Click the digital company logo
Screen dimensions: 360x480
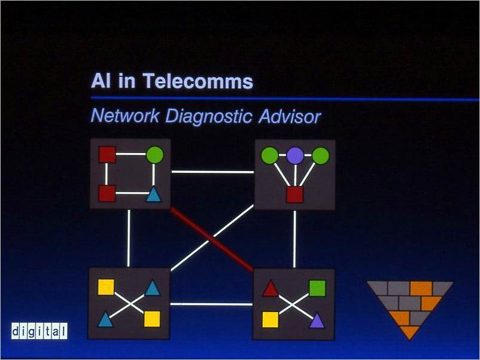click(39, 331)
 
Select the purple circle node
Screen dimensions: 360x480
click(295, 156)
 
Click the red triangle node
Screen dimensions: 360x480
click(270, 289)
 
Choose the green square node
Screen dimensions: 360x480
click(317, 288)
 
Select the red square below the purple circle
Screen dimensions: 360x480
click(294, 194)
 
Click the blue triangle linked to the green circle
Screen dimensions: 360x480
click(154, 194)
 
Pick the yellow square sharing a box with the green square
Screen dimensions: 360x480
click(271, 319)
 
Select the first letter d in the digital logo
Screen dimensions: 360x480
click(16, 331)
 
